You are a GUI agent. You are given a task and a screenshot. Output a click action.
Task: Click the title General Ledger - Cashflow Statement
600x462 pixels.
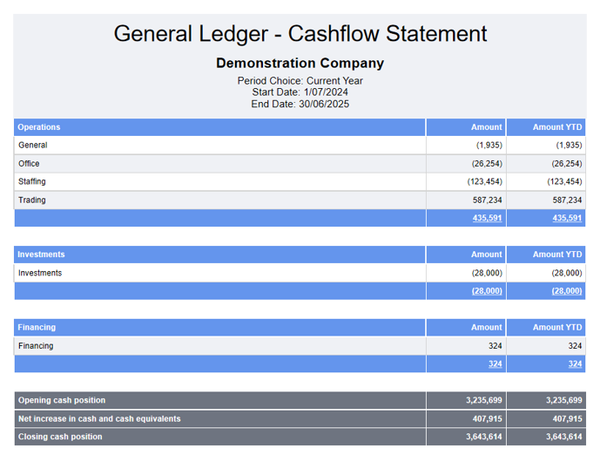300,34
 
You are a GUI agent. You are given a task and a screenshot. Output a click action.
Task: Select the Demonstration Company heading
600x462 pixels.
300,63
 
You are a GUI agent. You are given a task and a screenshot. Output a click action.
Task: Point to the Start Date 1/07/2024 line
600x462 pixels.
300,92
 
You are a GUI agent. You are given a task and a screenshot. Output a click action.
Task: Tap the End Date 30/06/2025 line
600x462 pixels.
300,104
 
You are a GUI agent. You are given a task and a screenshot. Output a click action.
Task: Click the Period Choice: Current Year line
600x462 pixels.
300,80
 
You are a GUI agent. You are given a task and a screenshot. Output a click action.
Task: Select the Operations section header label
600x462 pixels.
39,127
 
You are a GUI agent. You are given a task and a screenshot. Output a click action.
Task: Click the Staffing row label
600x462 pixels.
32,181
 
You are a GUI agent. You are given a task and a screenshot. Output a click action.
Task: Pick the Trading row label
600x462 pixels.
31,200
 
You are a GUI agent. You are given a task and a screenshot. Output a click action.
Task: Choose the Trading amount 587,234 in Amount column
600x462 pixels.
487,200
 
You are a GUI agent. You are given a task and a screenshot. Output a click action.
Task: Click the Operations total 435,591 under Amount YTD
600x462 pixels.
567,218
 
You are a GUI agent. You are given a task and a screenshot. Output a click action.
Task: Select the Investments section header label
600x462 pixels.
41,255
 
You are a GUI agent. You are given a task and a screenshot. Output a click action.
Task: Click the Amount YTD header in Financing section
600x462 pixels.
557,327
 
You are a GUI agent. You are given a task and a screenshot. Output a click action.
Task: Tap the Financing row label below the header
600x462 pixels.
36,345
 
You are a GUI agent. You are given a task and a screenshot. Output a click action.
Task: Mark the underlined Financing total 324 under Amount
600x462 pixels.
495,363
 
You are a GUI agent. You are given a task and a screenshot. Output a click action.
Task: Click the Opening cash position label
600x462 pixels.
62,400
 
